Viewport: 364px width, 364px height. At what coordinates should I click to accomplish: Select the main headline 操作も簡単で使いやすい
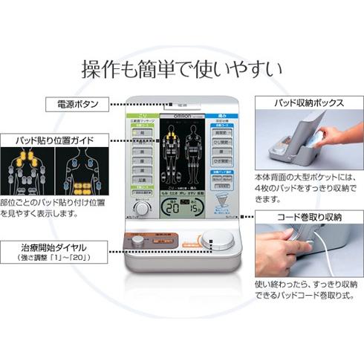(x=181, y=70)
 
